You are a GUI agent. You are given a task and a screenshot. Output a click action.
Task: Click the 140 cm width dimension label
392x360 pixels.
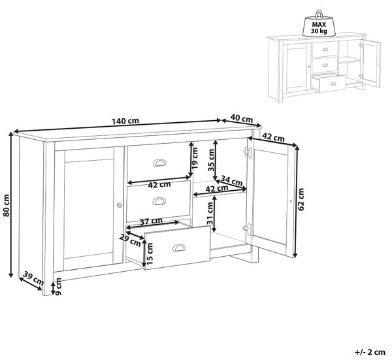tap(125, 122)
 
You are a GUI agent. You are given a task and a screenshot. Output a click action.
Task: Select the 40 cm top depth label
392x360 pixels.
tap(241, 118)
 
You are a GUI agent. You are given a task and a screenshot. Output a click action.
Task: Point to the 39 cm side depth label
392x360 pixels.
tap(33, 278)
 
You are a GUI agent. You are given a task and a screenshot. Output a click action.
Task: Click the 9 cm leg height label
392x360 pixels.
tap(58, 287)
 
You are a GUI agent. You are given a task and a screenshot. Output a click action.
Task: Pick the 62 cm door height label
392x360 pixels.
tap(301, 199)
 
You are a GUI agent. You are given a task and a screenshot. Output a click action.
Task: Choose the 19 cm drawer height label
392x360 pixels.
tap(195, 157)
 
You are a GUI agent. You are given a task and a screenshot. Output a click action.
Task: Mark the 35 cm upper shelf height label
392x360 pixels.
tap(212, 160)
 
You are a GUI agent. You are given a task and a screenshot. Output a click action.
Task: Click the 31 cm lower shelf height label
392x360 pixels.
tap(210, 213)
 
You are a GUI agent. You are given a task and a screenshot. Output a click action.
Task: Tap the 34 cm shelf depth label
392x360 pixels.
tap(232, 180)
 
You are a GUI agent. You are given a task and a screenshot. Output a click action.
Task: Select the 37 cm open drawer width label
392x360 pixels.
tap(151, 221)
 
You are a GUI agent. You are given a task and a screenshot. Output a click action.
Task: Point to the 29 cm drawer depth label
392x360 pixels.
tap(130, 240)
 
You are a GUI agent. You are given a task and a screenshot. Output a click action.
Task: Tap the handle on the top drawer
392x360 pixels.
tap(159, 163)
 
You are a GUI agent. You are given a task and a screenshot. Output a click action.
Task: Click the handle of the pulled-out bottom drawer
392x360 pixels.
tap(179, 248)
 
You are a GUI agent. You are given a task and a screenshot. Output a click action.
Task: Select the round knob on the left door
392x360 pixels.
tap(120, 205)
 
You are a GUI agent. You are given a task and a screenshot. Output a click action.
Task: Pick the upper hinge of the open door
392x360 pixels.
tap(247, 152)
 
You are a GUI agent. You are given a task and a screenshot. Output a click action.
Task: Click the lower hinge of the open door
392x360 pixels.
tap(247, 229)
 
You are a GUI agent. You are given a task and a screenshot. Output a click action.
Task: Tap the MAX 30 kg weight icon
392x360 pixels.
tap(319, 24)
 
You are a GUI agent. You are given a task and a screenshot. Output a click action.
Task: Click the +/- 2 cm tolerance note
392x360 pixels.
tap(370, 352)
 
